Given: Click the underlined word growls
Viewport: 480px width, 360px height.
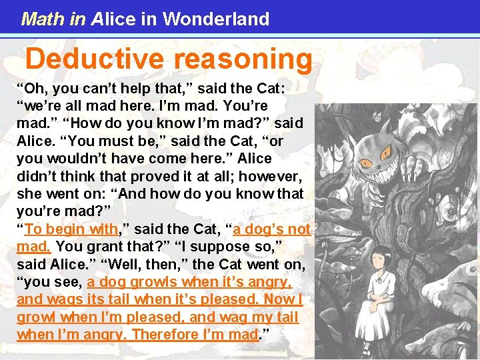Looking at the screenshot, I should click(x=161, y=282).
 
